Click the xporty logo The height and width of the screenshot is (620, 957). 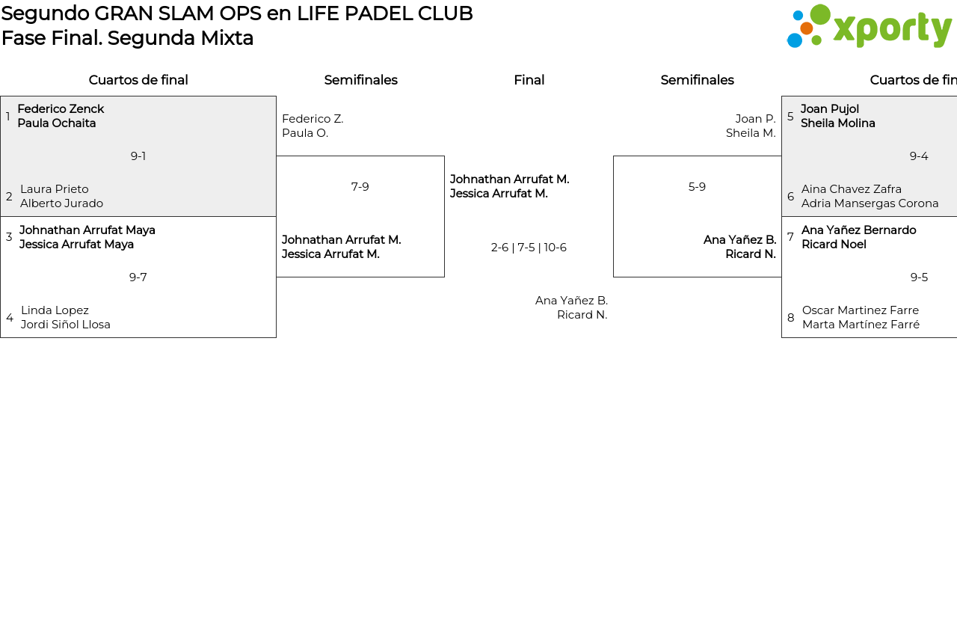(869, 27)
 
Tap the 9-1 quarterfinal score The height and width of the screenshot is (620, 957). (138, 156)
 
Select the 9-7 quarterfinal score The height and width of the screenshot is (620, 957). (138, 277)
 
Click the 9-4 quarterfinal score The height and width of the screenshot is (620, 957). (919, 156)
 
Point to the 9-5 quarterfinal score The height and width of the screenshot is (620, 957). (919, 277)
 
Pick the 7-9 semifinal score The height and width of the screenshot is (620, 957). (360, 187)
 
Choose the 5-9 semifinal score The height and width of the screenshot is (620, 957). (697, 187)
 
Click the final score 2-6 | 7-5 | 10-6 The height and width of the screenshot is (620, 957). (529, 248)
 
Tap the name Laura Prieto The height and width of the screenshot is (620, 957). (55, 189)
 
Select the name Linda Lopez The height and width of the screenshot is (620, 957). (55, 310)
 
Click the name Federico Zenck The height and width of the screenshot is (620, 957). (61, 109)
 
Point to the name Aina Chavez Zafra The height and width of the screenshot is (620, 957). (852, 189)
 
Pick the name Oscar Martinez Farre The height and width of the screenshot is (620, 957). (861, 310)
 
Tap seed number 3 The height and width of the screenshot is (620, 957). (9, 237)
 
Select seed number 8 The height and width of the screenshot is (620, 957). (791, 318)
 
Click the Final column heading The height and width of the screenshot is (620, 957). (529, 80)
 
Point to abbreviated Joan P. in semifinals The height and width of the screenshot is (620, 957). (755, 119)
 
